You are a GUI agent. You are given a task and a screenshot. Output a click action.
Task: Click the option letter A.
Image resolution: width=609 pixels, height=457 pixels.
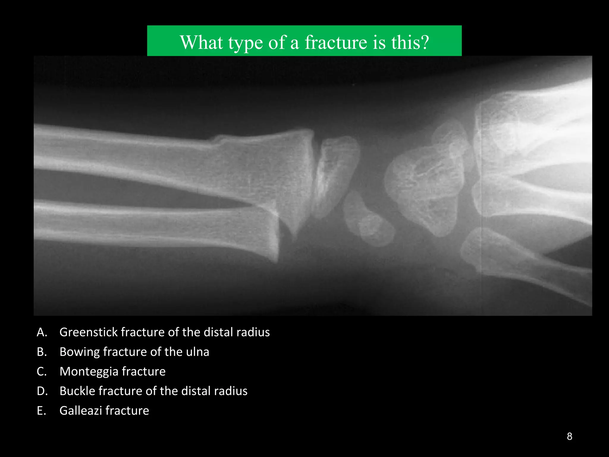tap(42, 332)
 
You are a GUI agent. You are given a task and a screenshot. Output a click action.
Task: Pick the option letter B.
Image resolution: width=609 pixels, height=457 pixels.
tap(42, 352)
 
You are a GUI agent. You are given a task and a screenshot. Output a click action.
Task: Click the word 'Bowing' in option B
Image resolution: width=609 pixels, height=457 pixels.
tap(79, 352)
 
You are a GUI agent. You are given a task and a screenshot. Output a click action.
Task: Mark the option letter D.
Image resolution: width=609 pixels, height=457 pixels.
tap(42, 391)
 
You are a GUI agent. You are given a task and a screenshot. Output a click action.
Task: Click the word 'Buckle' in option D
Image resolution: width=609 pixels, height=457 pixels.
tap(77, 391)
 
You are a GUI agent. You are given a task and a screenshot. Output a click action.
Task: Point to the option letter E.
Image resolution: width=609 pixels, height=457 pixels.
tap(42, 411)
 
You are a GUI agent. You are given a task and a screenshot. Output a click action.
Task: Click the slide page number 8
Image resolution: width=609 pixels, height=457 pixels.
tap(569, 436)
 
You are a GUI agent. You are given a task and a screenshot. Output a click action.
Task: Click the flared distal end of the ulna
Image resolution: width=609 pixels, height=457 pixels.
tap(268, 235)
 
